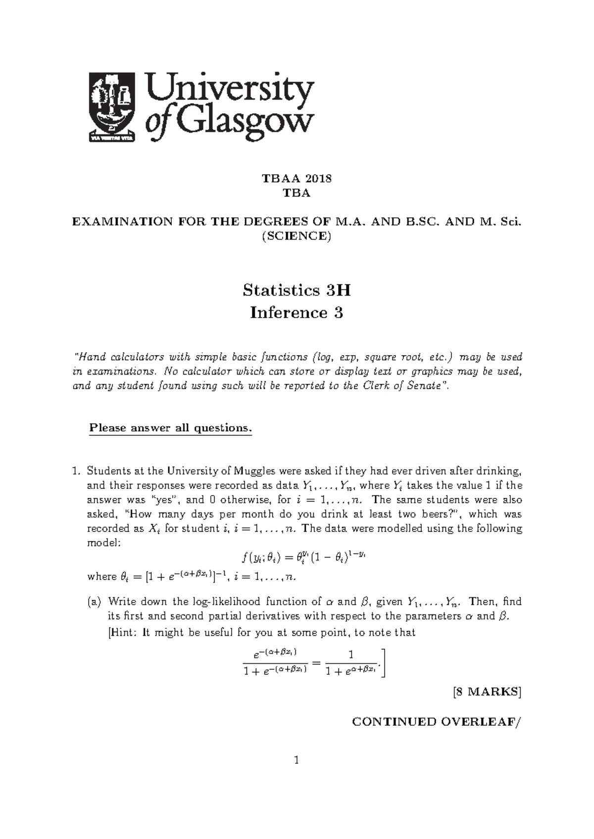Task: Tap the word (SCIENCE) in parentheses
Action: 297,236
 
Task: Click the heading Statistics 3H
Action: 297,290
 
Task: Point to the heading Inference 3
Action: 297,313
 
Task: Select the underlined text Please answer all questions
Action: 170,428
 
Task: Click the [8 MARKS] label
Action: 488,692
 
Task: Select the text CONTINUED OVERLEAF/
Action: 437,722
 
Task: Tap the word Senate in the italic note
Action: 423,386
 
